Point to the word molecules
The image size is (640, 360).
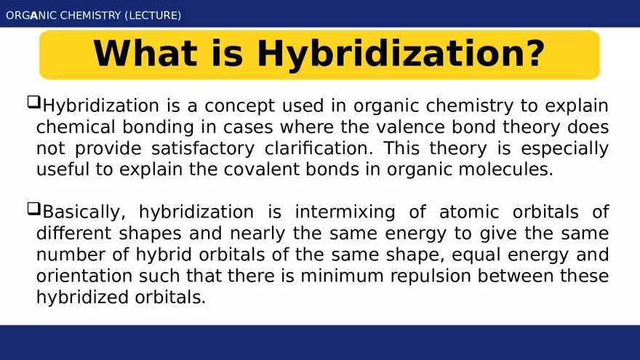tap(505, 170)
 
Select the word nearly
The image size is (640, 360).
tap(254, 234)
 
